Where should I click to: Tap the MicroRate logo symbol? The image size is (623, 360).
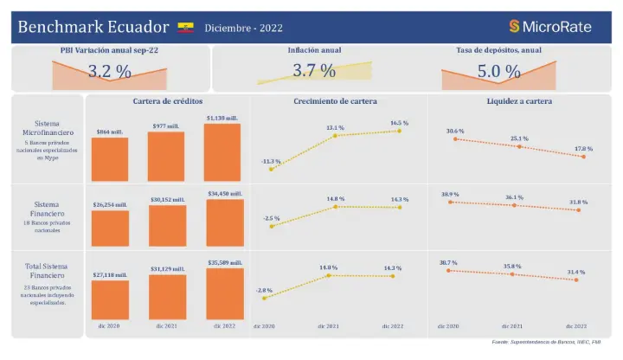514,27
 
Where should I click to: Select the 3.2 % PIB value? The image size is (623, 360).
110,72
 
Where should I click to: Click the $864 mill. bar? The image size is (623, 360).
110,158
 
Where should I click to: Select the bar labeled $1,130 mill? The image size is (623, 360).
222,152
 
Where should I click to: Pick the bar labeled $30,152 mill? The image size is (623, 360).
167,226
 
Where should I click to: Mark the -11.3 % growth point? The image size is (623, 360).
271,169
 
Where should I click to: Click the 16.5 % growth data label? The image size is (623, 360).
400,123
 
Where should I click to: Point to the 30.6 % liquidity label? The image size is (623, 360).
455,131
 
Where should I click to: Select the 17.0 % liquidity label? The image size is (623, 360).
584,148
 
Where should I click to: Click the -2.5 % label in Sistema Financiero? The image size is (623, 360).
272,218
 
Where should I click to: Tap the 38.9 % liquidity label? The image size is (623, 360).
449,195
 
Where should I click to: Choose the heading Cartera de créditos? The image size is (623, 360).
167,100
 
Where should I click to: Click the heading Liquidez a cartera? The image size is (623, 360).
519,100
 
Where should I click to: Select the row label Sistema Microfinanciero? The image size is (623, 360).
48,127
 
